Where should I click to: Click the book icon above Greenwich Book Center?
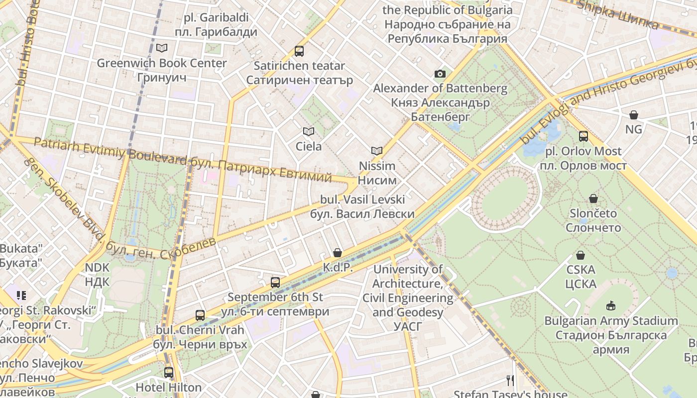[162, 48]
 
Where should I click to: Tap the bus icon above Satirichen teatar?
[299, 51]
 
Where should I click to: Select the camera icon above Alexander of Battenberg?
[440, 74]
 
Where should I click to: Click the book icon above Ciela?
[309, 132]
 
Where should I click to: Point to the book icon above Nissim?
[377, 151]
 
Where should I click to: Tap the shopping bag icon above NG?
[634, 115]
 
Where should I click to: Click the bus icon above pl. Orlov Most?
[583, 136]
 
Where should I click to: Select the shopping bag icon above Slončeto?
[593, 199]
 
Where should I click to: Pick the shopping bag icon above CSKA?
[581, 256]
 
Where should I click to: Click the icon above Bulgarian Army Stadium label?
[611, 305]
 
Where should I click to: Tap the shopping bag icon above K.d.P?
[338, 253]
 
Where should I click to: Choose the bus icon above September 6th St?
[275, 283]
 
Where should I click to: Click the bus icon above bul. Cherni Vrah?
[200, 315]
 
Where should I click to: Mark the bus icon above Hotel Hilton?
[169, 372]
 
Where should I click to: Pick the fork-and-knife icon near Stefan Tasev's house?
[510, 381]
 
